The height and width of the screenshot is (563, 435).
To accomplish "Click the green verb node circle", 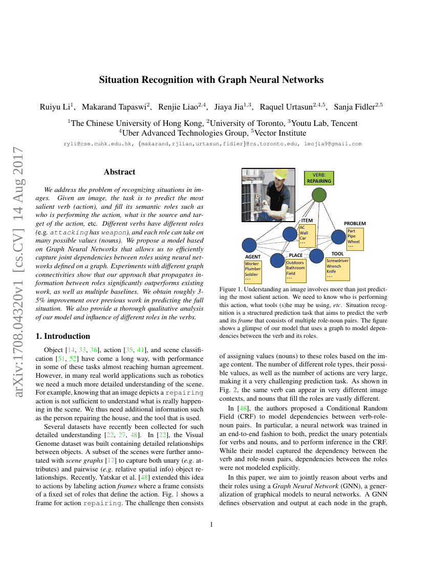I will tap(319, 194).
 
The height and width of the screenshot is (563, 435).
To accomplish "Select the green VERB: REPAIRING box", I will tap(319, 178).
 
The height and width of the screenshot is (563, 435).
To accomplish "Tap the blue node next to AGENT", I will tap(249, 245).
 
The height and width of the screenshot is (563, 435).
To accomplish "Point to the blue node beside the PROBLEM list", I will tap(338, 236).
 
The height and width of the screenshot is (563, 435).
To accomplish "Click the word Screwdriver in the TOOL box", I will tap(337, 261).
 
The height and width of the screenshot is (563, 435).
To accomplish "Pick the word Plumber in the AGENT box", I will tap(253, 269).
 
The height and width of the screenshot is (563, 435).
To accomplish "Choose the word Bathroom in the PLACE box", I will tap(295, 268).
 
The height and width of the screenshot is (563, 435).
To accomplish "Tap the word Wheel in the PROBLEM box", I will tap(354, 242).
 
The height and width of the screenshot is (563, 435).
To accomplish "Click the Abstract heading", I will tap(119, 172).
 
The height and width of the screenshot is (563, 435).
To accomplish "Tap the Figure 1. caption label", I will tap(231, 289).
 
